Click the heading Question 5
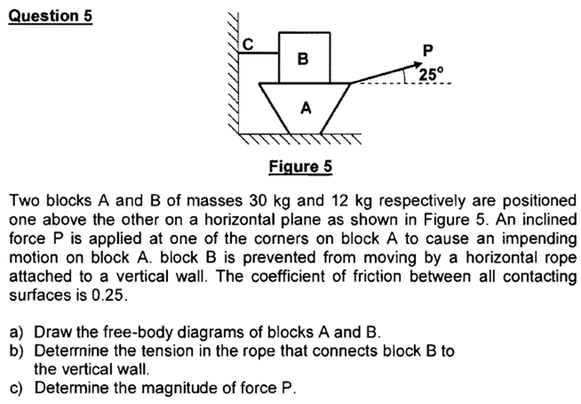(x=51, y=15)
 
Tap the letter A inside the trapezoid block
(x=305, y=109)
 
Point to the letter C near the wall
(x=247, y=43)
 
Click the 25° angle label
(x=430, y=73)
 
